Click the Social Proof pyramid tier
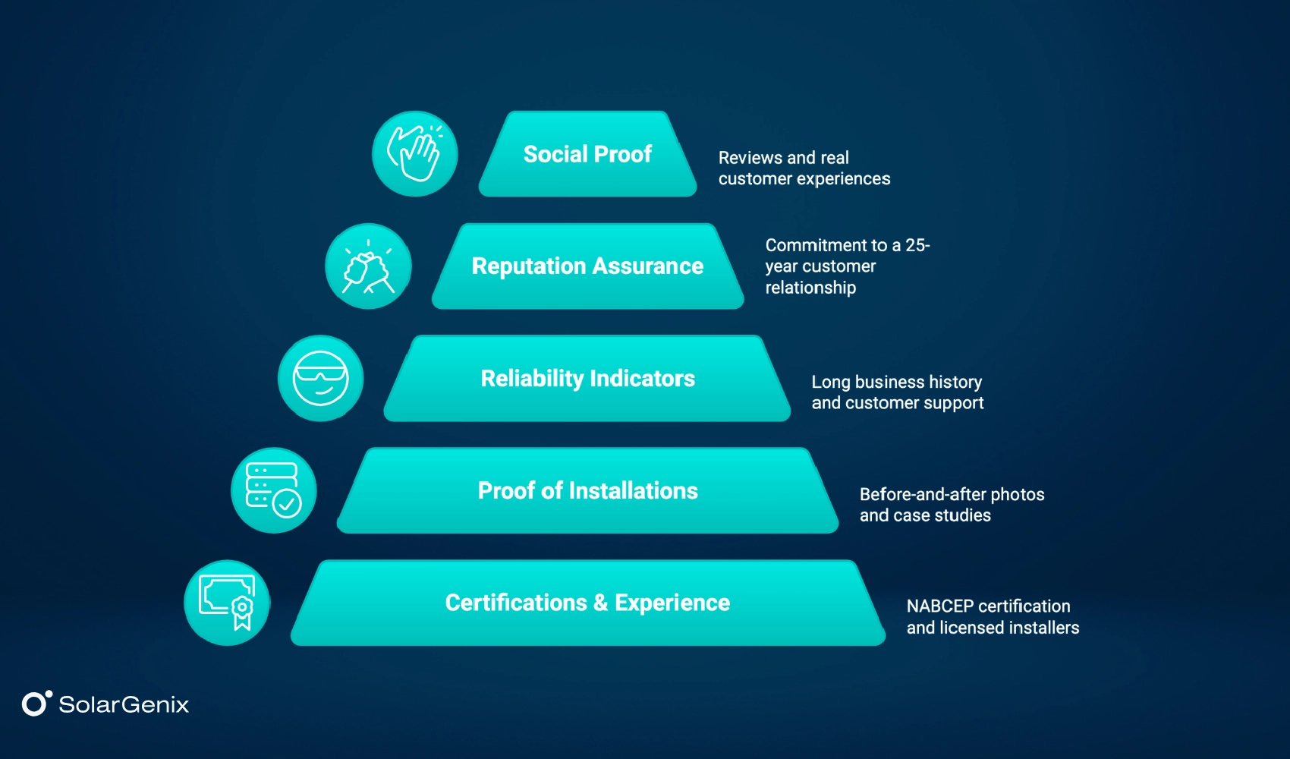pos(587,154)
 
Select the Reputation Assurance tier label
pos(587,266)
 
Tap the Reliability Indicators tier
pos(587,379)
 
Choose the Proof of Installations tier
pos(587,491)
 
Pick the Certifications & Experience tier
pos(587,603)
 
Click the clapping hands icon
pos(414,154)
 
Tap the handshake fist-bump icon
pos(368,266)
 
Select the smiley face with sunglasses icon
pos(320,379)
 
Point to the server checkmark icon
pos(273,490)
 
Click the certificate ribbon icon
pos(227,603)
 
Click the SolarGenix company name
pos(124,704)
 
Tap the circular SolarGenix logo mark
pos(35,704)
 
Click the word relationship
pos(810,288)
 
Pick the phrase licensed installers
pos(1009,628)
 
